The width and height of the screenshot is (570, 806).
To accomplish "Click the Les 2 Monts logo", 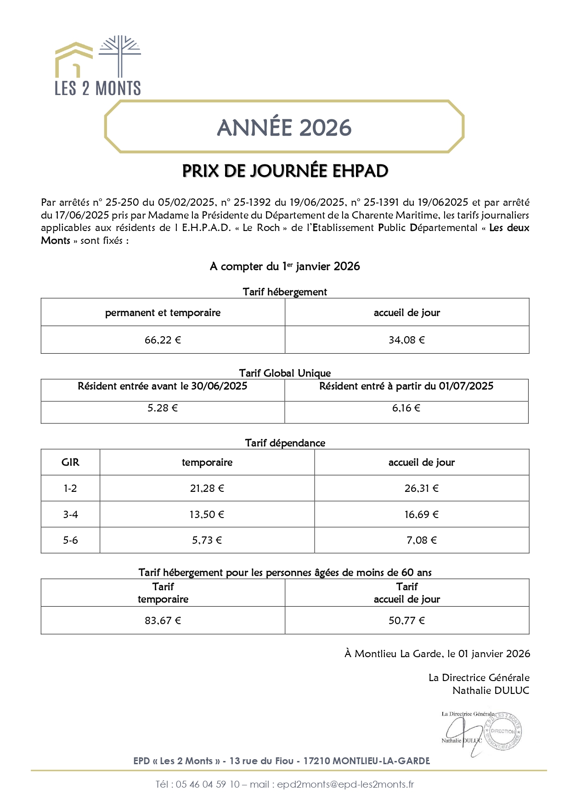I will [x=98, y=66].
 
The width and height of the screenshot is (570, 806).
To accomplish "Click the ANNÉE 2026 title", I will [x=284, y=128].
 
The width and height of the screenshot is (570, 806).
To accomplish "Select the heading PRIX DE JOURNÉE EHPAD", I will [x=285, y=171].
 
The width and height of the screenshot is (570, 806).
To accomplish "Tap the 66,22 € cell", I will [x=163, y=340].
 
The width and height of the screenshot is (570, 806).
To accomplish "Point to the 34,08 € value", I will [x=406, y=340].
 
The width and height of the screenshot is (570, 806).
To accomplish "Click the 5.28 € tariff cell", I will [x=163, y=408].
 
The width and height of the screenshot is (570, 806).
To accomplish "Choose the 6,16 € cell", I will [x=406, y=408].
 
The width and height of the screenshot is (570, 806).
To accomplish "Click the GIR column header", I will [x=70, y=462].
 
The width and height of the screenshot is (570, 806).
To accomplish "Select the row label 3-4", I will [x=70, y=514].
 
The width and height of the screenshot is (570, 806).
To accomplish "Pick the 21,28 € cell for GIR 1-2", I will [x=207, y=488].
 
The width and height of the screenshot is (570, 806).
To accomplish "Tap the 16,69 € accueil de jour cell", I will [x=421, y=514].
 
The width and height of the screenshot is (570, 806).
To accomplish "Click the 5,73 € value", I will [x=207, y=540].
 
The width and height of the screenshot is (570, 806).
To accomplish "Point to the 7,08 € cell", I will [x=421, y=540].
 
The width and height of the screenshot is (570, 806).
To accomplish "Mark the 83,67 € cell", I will [x=163, y=620].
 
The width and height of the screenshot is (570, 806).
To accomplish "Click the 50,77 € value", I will [x=406, y=620].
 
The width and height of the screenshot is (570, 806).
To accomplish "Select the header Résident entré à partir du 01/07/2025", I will [x=406, y=386].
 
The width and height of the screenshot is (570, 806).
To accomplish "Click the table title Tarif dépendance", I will [x=285, y=443].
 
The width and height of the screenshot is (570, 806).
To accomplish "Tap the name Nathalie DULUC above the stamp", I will [x=491, y=690].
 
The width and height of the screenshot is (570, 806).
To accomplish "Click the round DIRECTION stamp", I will [x=503, y=731].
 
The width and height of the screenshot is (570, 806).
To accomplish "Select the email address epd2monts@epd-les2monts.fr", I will [x=345, y=784].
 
